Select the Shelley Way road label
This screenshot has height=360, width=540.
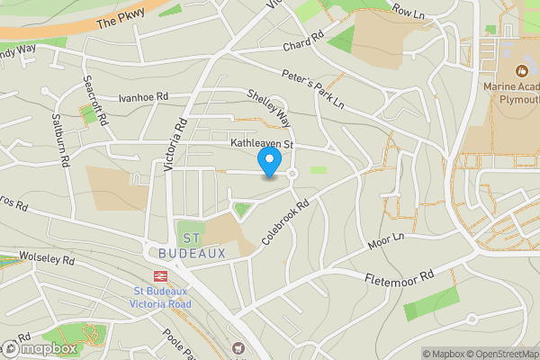click(x=269, y=106)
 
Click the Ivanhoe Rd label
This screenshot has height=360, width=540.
click(x=143, y=97)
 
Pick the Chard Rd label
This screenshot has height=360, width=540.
click(x=302, y=45)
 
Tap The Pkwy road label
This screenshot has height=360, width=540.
click(x=119, y=18)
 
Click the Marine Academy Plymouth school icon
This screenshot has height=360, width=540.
click(x=519, y=69)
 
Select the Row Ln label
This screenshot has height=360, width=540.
click(x=408, y=13)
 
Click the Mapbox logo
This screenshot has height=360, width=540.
click(x=40, y=348)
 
